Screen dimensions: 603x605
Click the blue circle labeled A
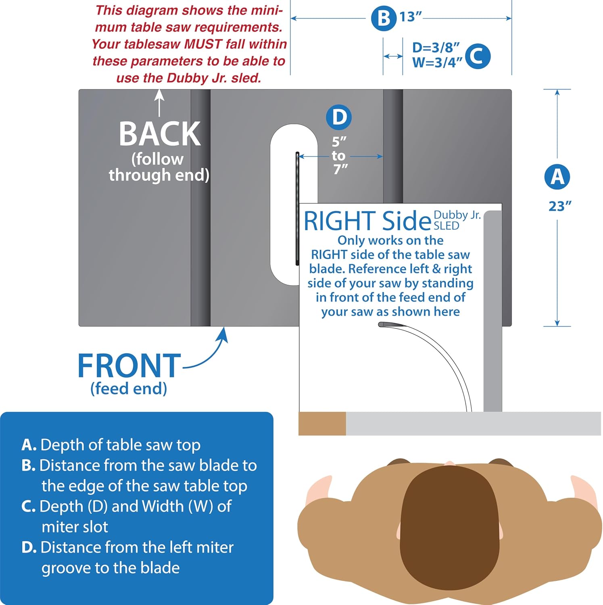tap(557, 177)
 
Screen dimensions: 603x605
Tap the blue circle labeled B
tap(384, 18)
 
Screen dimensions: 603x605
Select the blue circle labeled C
tap(478, 56)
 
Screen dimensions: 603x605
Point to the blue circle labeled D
tap(339, 117)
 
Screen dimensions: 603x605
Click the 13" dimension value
tap(411, 17)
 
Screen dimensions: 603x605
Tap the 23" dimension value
tap(560, 206)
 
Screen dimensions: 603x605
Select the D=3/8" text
tap(436, 48)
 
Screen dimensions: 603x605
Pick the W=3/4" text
tap(437, 63)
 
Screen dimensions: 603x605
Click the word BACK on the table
tap(160, 134)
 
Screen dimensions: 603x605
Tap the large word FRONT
tap(129, 366)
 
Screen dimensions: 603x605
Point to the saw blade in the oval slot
tap(297, 209)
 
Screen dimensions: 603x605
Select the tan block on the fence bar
tap(322, 423)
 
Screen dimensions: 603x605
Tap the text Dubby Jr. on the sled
tap(457, 215)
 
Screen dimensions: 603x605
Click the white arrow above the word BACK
tap(160, 102)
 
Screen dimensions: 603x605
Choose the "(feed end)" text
tap(129, 388)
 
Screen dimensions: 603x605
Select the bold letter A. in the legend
tap(29, 445)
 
